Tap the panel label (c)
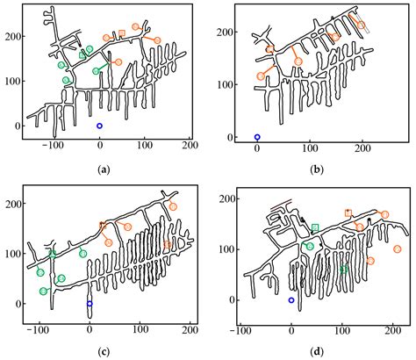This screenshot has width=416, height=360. pyautogui.click(x=104, y=352)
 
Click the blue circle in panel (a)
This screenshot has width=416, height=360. pyautogui.click(x=99, y=126)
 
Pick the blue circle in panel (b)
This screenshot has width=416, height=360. pyautogui.click(x=257, y=137)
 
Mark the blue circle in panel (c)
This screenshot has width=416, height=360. pyautogui.click(x=90, y=304)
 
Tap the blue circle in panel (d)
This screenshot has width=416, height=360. pyautogui.click(x=291, y=300)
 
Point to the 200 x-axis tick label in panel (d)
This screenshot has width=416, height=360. pyautogui.click(x=392, y=332)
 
